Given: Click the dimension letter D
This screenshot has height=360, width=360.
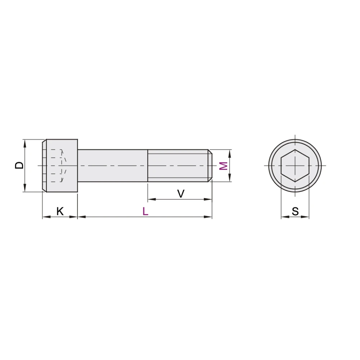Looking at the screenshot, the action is point(19,165).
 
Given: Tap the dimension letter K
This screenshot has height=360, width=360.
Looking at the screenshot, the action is point(60,211).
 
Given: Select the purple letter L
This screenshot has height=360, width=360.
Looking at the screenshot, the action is point(145,211).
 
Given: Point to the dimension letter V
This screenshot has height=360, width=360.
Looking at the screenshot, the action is point(181,194).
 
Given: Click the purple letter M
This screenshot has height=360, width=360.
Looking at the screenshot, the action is point(224,166).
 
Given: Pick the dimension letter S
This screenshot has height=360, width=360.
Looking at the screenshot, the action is point(295,211).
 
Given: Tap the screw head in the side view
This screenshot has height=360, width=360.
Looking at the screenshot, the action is point(60,166).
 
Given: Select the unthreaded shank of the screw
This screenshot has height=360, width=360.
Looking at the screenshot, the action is point(112,166).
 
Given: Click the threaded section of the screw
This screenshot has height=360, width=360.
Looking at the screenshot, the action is point(178,166).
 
